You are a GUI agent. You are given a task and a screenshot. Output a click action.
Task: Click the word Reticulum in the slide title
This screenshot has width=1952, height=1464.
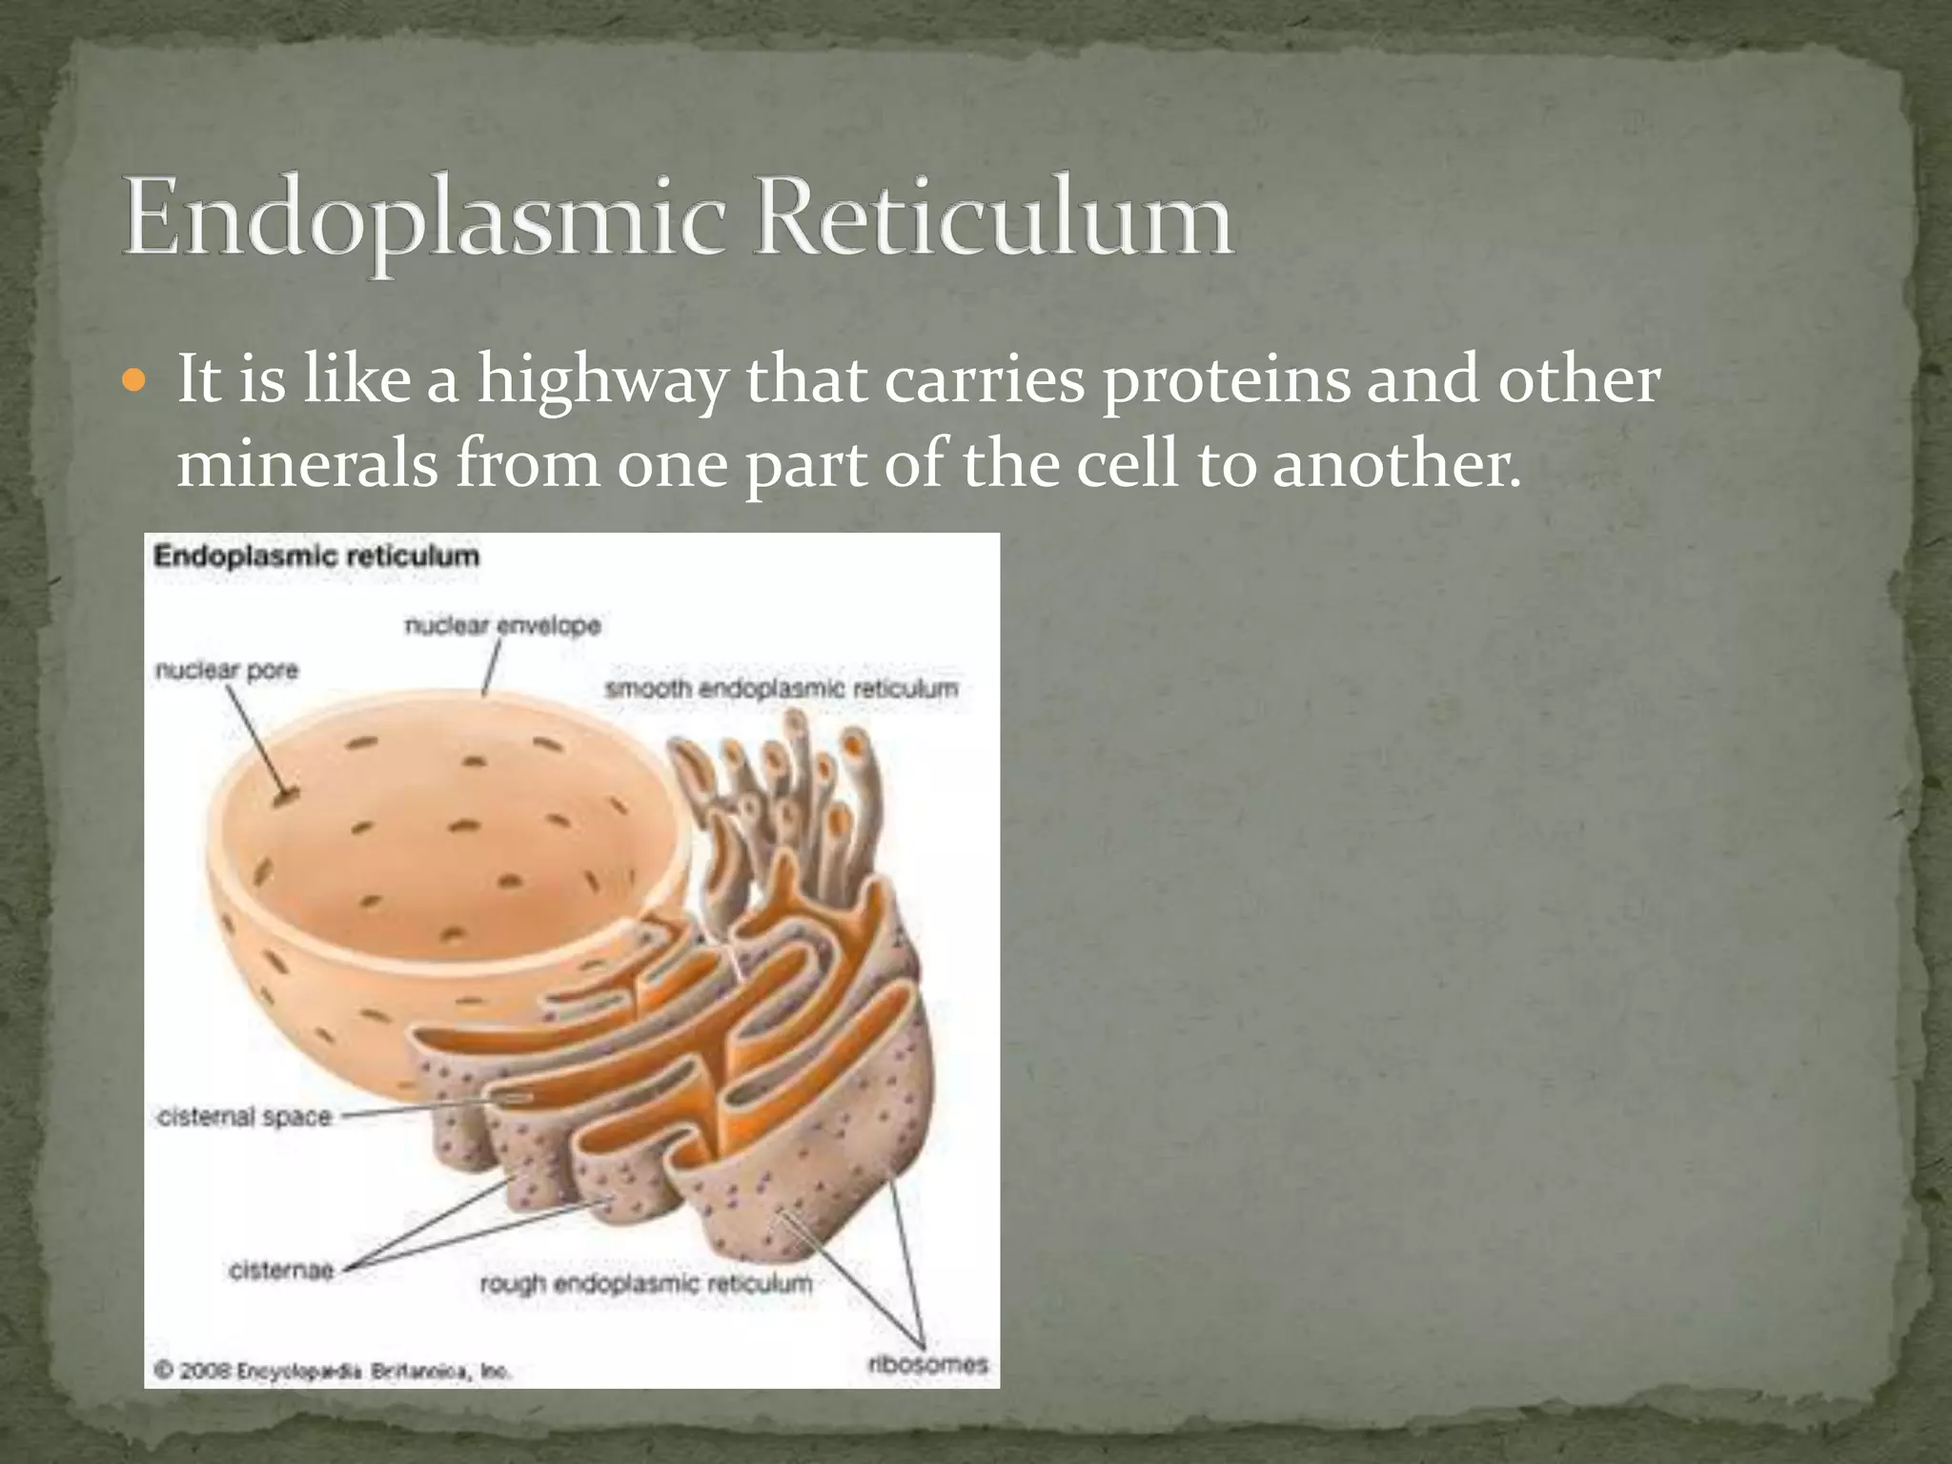coord(993,218)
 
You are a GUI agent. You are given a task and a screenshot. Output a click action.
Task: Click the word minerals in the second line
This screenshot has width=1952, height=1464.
coord(307,464)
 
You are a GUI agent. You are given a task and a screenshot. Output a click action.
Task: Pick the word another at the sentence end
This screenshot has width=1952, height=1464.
coord(1395,464)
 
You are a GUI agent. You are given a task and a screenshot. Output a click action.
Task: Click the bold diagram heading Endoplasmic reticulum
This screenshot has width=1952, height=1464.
coord(316,557)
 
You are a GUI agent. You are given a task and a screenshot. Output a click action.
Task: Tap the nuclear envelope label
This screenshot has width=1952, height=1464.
coord(502,626)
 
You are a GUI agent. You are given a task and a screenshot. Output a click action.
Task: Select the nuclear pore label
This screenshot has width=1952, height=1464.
coord(227,671)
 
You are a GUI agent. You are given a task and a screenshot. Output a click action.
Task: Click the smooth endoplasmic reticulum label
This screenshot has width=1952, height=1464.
coord(782,688)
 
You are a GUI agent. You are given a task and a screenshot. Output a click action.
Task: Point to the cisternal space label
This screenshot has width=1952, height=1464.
coord(244,1116)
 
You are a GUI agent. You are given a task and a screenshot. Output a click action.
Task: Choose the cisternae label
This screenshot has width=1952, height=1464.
coord(281,1271)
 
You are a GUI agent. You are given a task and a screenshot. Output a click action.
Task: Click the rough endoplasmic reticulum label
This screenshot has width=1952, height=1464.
coord(645,1284)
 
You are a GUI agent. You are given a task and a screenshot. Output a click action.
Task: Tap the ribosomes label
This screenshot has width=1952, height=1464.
coord(926,1364)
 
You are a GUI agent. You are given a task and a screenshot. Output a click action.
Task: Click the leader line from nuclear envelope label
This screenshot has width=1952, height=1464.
coord(492,667)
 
